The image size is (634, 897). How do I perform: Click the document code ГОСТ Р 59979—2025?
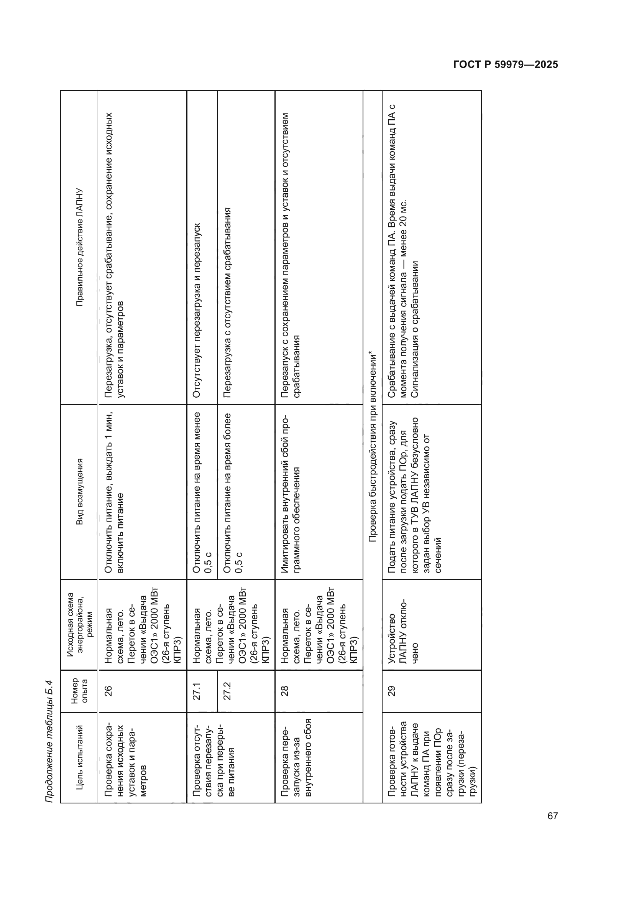pyautogui.click(x=506, y=64)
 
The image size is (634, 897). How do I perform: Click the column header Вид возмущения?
pyautogui.click(x=80, y=492)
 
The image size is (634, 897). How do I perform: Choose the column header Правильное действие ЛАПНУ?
pyautogui.click(x=80, y=247)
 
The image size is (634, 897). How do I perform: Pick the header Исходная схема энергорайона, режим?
pyautogui.click(x=80, y=625)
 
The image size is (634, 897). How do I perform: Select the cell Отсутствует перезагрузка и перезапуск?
pyautogui.click(x=197, y=310)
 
